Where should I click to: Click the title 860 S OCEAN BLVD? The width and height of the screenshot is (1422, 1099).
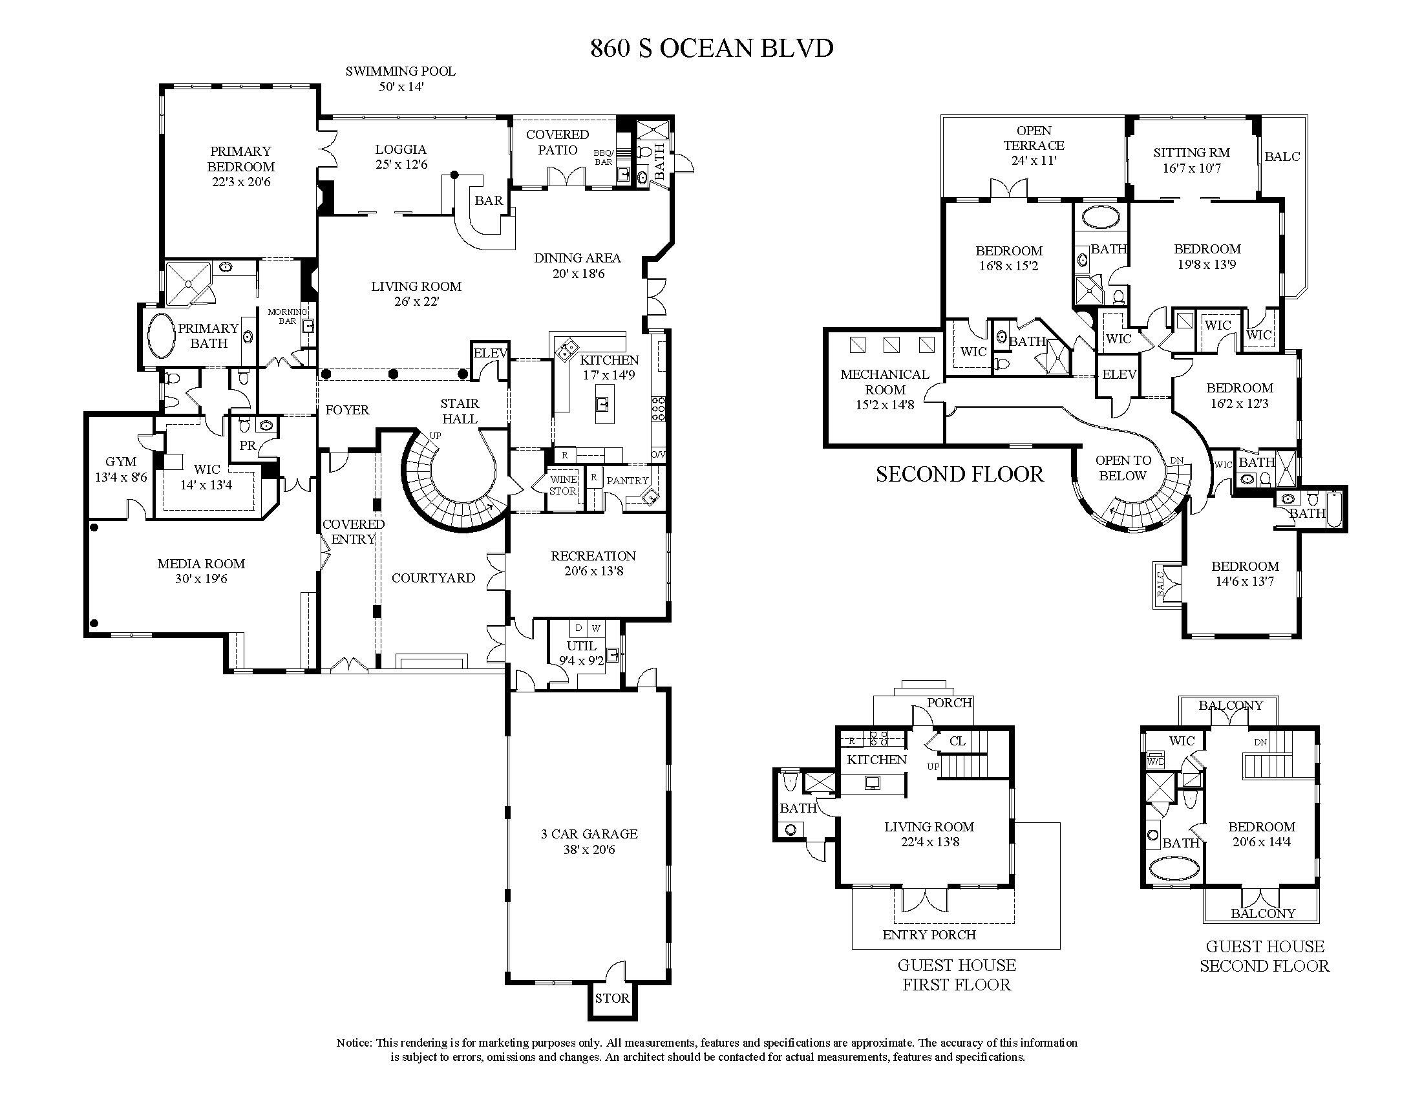coord(712,48)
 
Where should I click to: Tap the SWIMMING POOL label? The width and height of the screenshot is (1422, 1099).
coord(401,71)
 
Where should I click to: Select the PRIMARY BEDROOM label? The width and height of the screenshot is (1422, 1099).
coord(241,158)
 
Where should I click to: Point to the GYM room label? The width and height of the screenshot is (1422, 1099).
coord(121,462)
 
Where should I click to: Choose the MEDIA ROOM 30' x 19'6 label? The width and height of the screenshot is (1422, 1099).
coord(201,571)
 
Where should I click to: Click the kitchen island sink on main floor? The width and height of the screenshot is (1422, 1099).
coord(604,405)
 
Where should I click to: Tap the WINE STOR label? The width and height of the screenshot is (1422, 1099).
coord(562,485)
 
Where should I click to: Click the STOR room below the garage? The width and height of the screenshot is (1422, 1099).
coord(613,998)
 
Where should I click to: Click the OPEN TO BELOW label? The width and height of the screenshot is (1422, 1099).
coord(1123,467)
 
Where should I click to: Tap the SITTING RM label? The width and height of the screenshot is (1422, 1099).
coord(1191,153)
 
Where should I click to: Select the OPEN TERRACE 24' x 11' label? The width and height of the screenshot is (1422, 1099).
coord(1034,145)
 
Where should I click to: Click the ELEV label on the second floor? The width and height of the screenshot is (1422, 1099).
coord(1120,374)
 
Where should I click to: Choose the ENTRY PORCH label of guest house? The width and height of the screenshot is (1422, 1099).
coord(929,934)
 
